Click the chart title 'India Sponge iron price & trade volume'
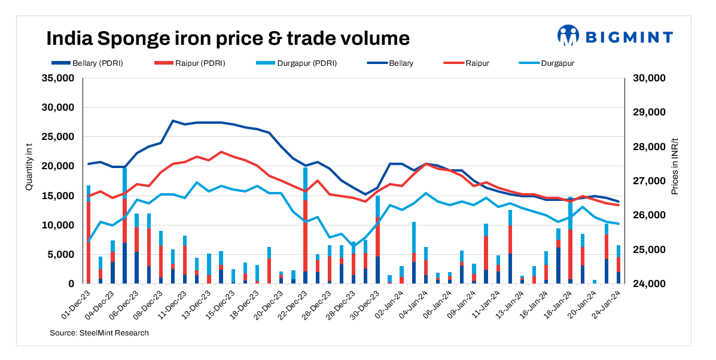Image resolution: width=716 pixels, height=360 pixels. (x=228, y=38)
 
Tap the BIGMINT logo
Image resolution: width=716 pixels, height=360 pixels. (x=615, y=36)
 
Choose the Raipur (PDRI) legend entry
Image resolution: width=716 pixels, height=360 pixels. (x=192, y=63)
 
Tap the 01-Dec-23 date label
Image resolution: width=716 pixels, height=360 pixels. (x=78, y=303)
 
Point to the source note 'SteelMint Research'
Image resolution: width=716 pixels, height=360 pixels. (x=99, y=332)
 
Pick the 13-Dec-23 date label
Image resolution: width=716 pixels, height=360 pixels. (x=199, y=303)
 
